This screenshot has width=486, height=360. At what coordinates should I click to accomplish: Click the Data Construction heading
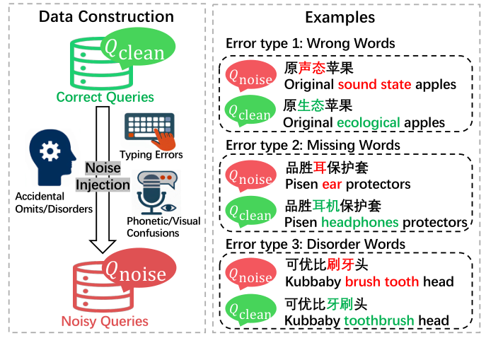(x=106, y=17)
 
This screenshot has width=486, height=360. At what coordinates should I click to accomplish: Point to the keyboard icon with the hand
(x=151, y=129)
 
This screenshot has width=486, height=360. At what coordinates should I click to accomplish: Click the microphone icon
(x=154, y=192)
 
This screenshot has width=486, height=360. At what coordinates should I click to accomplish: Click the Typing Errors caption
(x=151, y=154)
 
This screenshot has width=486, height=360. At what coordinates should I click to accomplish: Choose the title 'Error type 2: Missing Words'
(x=313, y=145)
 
